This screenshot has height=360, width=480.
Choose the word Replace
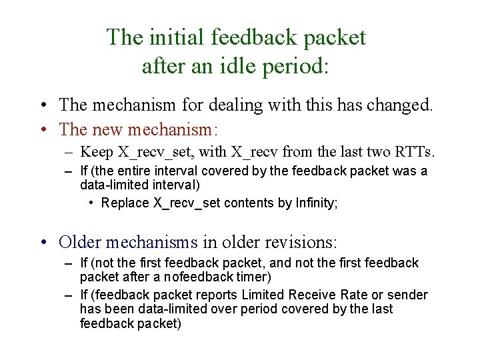pyautogui.click(x=125, y=203)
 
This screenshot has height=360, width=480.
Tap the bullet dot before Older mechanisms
pyautogui.click(x=42, y=242)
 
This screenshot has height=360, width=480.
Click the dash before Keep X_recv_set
pyautogui.click(x=69, y=153)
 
